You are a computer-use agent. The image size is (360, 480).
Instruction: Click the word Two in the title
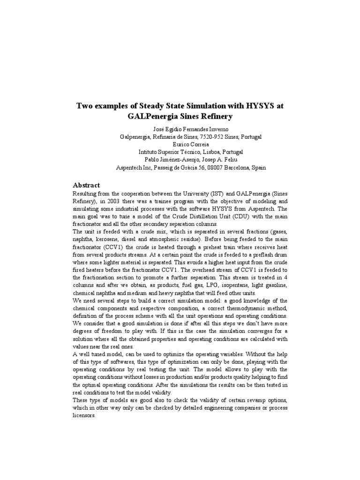(85, 106)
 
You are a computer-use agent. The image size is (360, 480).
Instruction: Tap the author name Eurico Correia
(180, 144)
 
